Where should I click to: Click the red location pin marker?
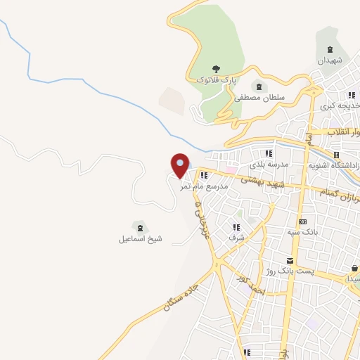point(180,165)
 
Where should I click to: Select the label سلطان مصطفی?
point(262,98)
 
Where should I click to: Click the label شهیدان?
point(329,61)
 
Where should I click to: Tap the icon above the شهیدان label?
point(329,50)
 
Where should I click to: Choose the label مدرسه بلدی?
point(268,165)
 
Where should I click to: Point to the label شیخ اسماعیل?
point(140,238)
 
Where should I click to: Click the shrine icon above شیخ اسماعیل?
point(140,227)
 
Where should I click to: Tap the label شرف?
point(236,238)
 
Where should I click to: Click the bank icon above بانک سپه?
point(302,221)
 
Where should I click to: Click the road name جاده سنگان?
point(181,295)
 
